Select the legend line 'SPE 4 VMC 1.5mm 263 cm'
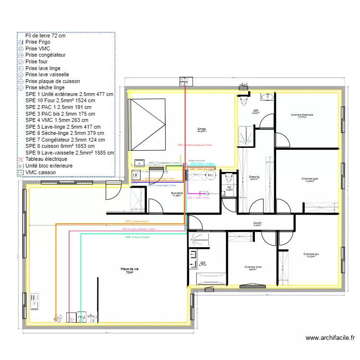click(x=57, y=120)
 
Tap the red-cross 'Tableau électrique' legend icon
click(x=21, y=159)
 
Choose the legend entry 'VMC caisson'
click(x=40, y=172)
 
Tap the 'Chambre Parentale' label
click(x=302, y=115)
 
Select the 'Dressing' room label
click(x=254, y=178)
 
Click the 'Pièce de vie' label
click(x=129, y=270)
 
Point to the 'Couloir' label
click(x=257, y=223)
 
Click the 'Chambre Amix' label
click(x=252, y=267)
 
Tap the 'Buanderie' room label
click(x=177, y=194)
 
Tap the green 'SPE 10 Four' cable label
click(x=137, y=237)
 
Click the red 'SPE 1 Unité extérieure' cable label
click(x=195, y=144)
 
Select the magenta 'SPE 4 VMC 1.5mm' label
click(x=198, y=198)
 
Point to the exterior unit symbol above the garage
click(x=185, y=80)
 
